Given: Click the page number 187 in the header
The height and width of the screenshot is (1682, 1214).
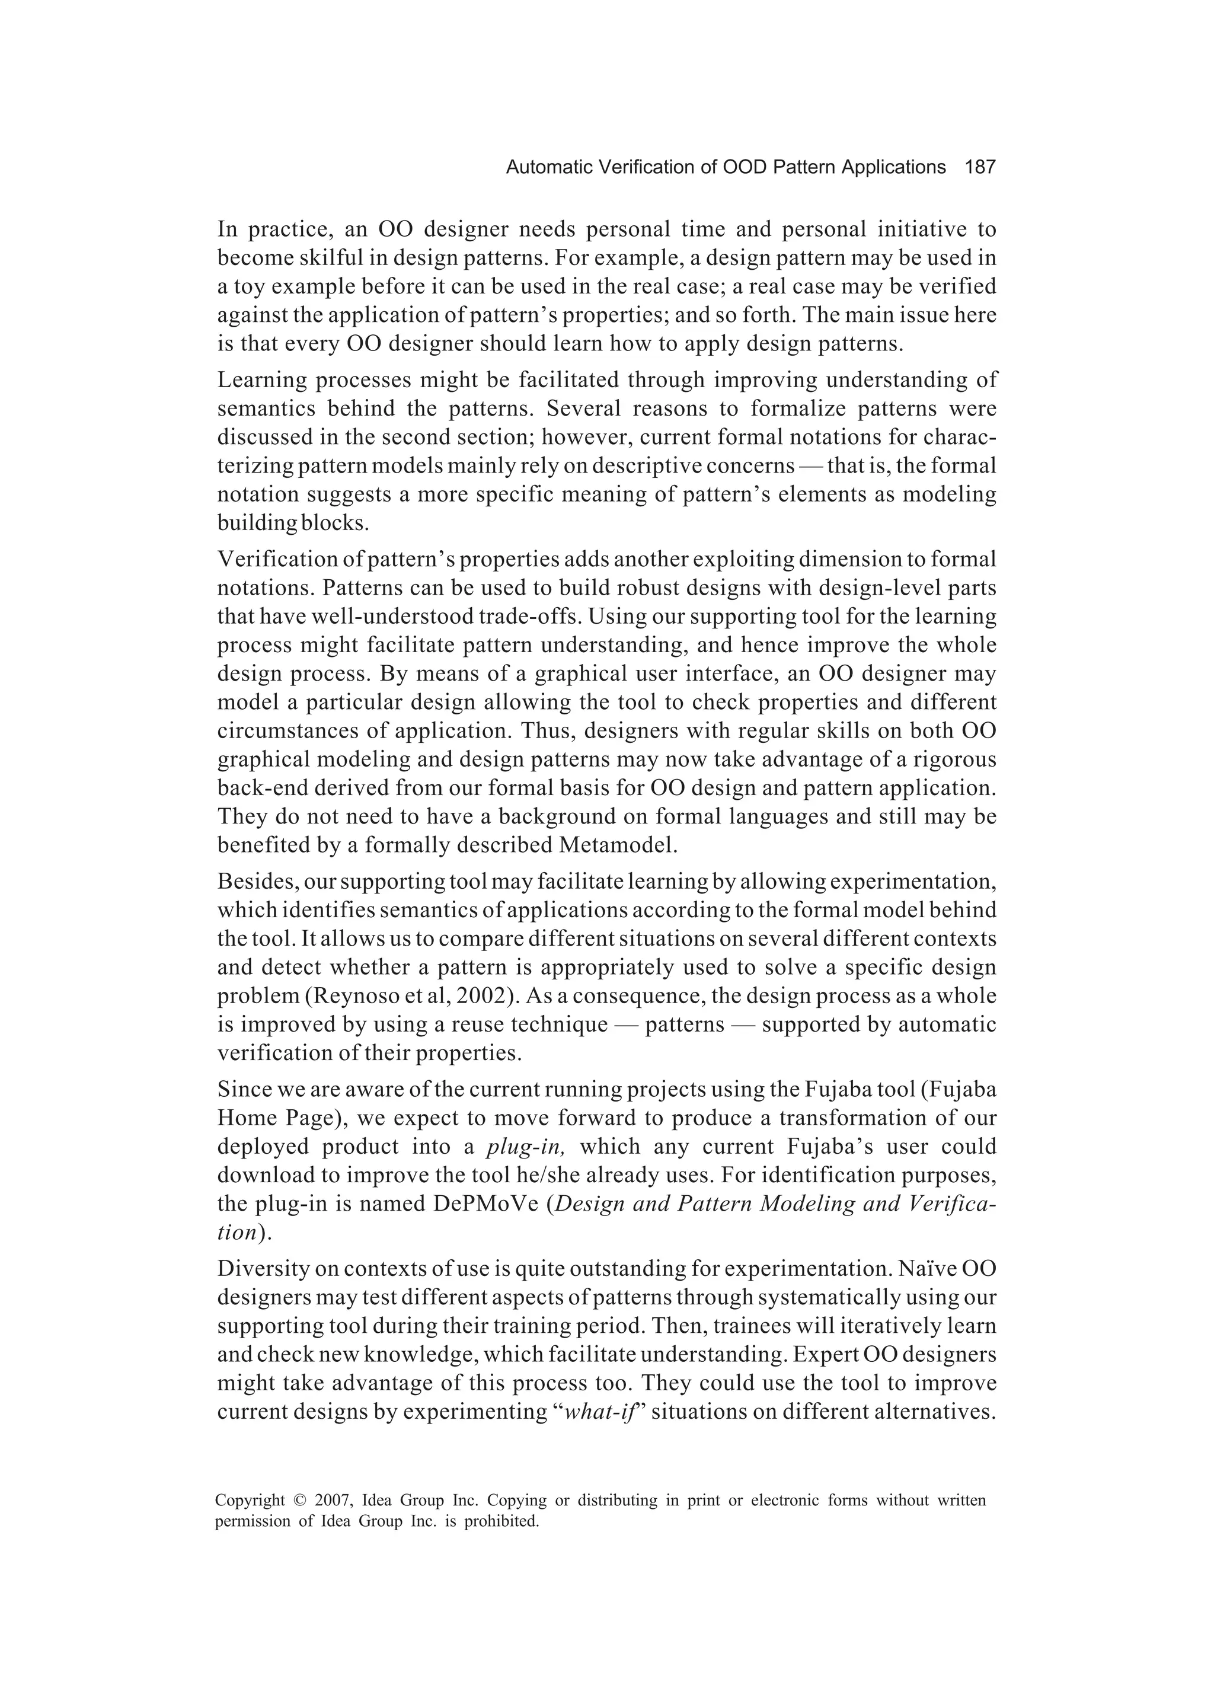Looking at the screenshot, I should [x=980, y=168].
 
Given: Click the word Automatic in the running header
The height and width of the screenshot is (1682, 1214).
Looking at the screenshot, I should [x=542, y=168].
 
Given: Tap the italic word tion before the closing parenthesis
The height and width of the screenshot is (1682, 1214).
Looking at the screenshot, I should [x=236, y=1232].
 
